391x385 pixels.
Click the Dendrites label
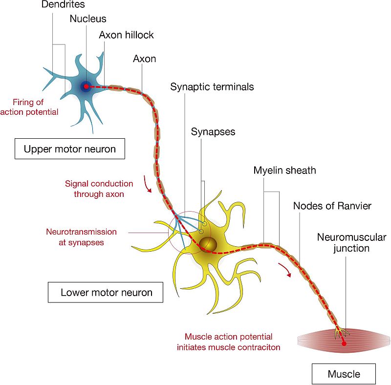63,4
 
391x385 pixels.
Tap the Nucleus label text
88,19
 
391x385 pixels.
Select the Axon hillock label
126,35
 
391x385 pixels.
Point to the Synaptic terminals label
212,87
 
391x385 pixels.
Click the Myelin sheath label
284,171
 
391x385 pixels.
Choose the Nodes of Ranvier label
332,206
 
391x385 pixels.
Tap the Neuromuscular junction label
351,243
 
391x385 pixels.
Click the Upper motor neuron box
70,149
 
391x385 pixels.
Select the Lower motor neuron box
106,292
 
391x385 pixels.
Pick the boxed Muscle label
344,374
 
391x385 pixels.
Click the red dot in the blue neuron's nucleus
86,86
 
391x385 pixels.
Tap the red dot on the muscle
344,343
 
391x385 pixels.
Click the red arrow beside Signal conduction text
147,185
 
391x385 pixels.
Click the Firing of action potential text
29,107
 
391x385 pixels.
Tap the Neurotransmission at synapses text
81,237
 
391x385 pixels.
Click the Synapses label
213,131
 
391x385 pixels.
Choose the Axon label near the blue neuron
144,59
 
